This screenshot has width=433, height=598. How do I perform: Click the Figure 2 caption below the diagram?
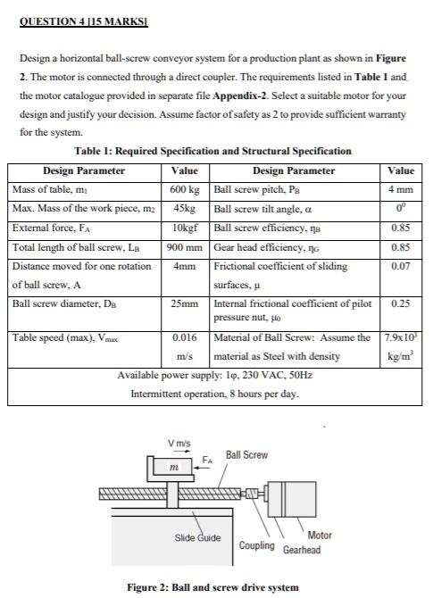pyautogui.click(x=214, y=586)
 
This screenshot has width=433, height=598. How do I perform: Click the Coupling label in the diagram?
pyautogui.click(x=257, y=544)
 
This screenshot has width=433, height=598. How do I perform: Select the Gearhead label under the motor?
pyautogui.click(x=301, y=549)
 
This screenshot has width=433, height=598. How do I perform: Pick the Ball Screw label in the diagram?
pyautogui.click(x=246, y=455)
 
